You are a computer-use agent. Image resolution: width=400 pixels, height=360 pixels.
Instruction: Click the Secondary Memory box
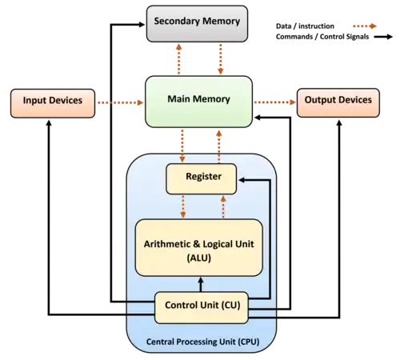click(197, 24)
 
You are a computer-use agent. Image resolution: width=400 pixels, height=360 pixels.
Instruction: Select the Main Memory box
click(198, 102)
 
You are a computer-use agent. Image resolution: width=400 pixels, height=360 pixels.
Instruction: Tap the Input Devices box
click(53, 103)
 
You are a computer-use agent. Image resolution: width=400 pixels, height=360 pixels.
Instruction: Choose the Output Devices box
click(338, 102)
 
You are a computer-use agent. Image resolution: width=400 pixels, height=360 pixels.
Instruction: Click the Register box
click(202, 179)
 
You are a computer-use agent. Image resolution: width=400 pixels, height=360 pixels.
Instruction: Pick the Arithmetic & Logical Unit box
click(199, 247)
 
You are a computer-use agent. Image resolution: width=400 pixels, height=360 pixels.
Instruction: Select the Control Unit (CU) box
click(202, 308)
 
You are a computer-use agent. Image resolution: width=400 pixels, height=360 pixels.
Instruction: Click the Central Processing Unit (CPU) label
click(203, 342)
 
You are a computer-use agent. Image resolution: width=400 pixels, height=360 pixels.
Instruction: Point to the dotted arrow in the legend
click(365, 26)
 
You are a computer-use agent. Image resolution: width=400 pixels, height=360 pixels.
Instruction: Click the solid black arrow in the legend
click(383, 37)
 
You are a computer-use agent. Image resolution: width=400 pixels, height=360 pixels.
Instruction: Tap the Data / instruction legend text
click(305, 26)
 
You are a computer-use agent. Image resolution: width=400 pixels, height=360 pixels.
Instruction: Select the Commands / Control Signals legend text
click(322, 37)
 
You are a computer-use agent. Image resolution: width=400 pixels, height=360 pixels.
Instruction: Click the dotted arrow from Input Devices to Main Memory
click(121, 102)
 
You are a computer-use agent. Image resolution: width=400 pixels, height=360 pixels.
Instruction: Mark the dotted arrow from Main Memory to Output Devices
click(275, 102)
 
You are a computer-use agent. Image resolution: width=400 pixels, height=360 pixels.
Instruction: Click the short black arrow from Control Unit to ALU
click(201, 285)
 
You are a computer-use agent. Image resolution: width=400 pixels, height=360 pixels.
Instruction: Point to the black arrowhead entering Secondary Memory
click(142, 25)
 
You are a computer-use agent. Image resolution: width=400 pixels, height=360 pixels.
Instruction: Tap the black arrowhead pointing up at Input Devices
click(49, 123)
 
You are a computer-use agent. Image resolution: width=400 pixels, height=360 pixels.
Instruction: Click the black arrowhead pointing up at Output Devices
click(339, 123)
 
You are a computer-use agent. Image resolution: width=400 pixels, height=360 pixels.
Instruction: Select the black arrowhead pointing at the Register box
click(242, 180)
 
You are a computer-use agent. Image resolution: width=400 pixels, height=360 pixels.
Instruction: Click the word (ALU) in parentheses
click(199, 258)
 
